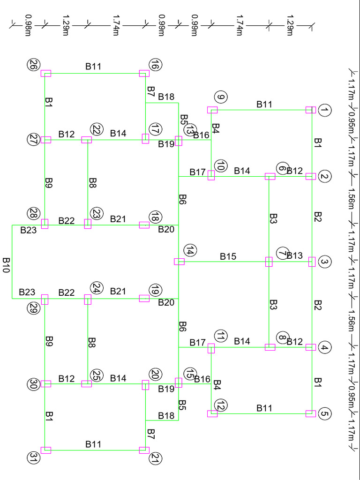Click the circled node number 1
point(324,111)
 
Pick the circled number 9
point(221,97)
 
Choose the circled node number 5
point(324,414)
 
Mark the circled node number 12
point(221,405)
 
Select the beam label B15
point(228,256)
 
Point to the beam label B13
point(295,256)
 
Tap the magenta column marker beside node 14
point(179,262)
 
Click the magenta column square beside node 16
point(144,73)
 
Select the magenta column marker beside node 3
point(312,262)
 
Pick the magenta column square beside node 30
point(46,384)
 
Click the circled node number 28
point(33,213)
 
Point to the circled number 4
point(324,348)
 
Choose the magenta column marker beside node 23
point(88,224)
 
